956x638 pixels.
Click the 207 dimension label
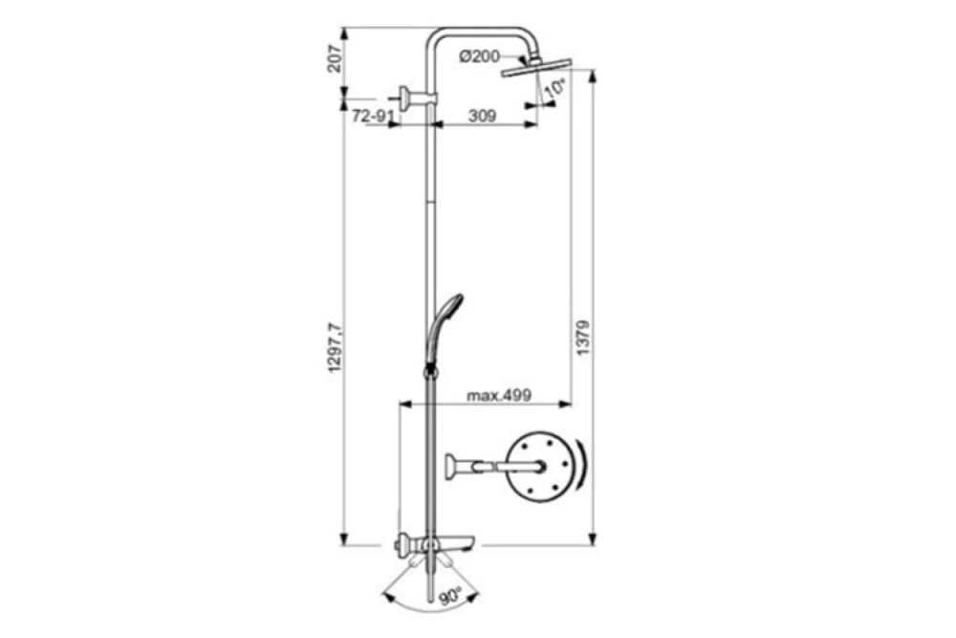(x=334, y=58)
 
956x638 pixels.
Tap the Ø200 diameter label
(x=479, y=56)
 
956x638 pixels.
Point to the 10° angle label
(x=555, y=88)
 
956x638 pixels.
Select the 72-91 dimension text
(x=369, y=116)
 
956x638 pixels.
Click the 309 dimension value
(x=482, y=116)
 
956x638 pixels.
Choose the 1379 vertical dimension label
(x=583, y=339)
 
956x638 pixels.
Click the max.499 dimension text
(x=499, y=395)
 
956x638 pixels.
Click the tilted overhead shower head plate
(x=536, y=67)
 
